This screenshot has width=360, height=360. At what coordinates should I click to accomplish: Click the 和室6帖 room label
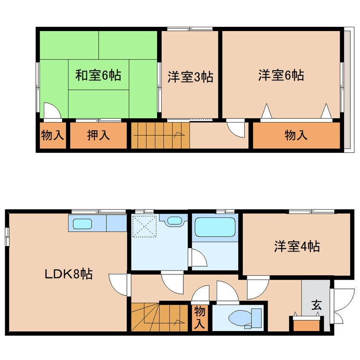[98, 76]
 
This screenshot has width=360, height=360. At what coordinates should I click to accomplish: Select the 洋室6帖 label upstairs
[281, 76]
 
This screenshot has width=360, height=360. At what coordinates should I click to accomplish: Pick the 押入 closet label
[98, 136]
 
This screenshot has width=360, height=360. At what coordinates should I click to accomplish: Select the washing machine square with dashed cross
[145, 226]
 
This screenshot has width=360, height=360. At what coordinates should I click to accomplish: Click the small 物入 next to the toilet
[200, 317]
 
